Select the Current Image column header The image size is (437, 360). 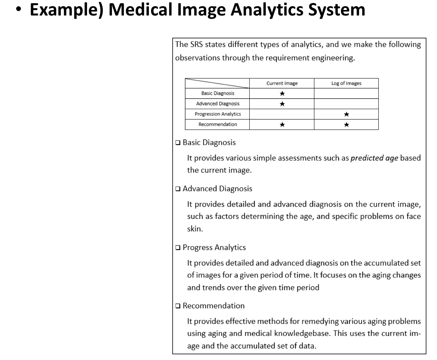click(x=282, y=84)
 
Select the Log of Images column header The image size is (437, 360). click(x=346, y=84)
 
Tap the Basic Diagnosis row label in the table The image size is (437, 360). click(x=218, y=94)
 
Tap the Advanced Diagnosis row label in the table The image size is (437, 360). click(x=218, y=104)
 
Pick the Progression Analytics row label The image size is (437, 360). click(x=218, y=114)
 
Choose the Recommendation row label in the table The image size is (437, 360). click(x=218, y=125)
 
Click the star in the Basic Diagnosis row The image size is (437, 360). click(x=282, y=94)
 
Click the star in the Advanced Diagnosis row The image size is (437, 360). click(x=282, y=104)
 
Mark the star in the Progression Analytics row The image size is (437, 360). click(x=346, y=114)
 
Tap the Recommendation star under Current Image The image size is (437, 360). click(x=282, y=125)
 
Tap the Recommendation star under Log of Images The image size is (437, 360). click(x=346, y=125)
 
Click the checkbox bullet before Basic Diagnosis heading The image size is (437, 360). click(x=178, y=143)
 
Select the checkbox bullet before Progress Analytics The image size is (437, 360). click(x=178, y=248)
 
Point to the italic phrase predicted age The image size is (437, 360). click(x=374, y=158)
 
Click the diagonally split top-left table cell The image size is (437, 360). click(x=217, y=84)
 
